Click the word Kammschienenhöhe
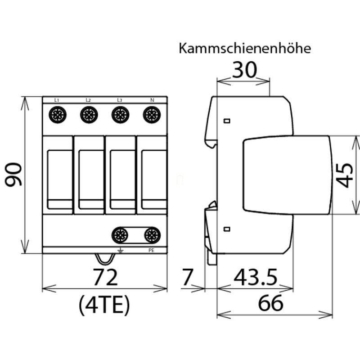point(244,49)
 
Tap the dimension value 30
point(244,70)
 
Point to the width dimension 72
point(104,277)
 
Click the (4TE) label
point(104,306)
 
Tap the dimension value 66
point(270,304)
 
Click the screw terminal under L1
point(58,115)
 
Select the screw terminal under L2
point(89,115)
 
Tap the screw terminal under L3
point(120,115)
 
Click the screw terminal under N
point(151,115)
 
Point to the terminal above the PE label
point(152,234)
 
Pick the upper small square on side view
point(227,121)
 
